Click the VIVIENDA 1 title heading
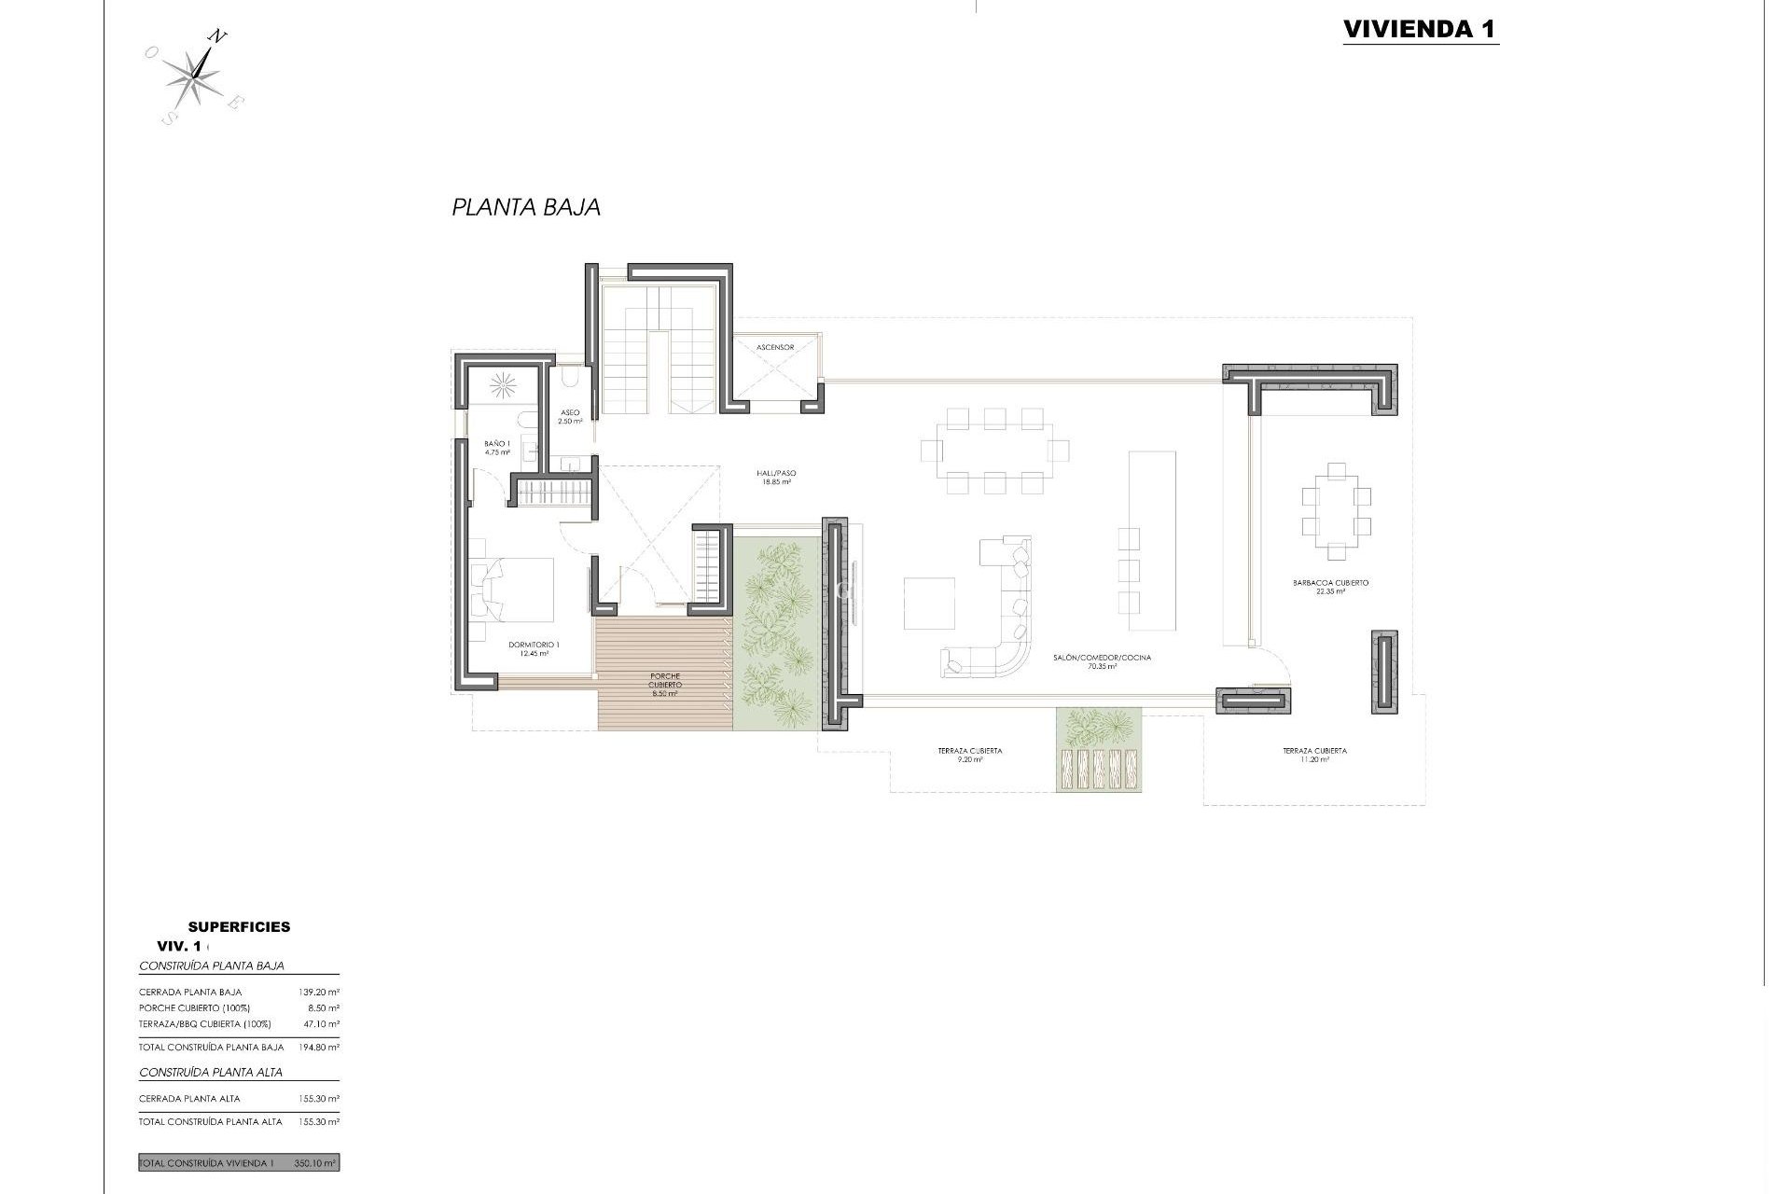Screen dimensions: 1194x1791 tap(1420, 29)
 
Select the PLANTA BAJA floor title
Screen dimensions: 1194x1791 tap(526, 207)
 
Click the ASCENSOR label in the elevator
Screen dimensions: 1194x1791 tap(775, 348)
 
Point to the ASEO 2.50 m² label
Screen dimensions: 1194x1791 tap(570, 416)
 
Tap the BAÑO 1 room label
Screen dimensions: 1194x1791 tap(497, 448)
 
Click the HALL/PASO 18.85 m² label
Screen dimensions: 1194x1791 tap(776, 478)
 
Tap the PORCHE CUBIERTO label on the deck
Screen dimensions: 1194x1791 tap(665, 685)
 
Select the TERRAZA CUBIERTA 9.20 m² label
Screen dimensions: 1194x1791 tap(970, 755)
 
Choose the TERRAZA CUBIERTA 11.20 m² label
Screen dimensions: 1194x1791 tap(1314, 755)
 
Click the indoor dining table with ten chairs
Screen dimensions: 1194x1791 tap(994, 451)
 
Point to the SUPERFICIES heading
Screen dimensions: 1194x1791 tap(239, 927)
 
